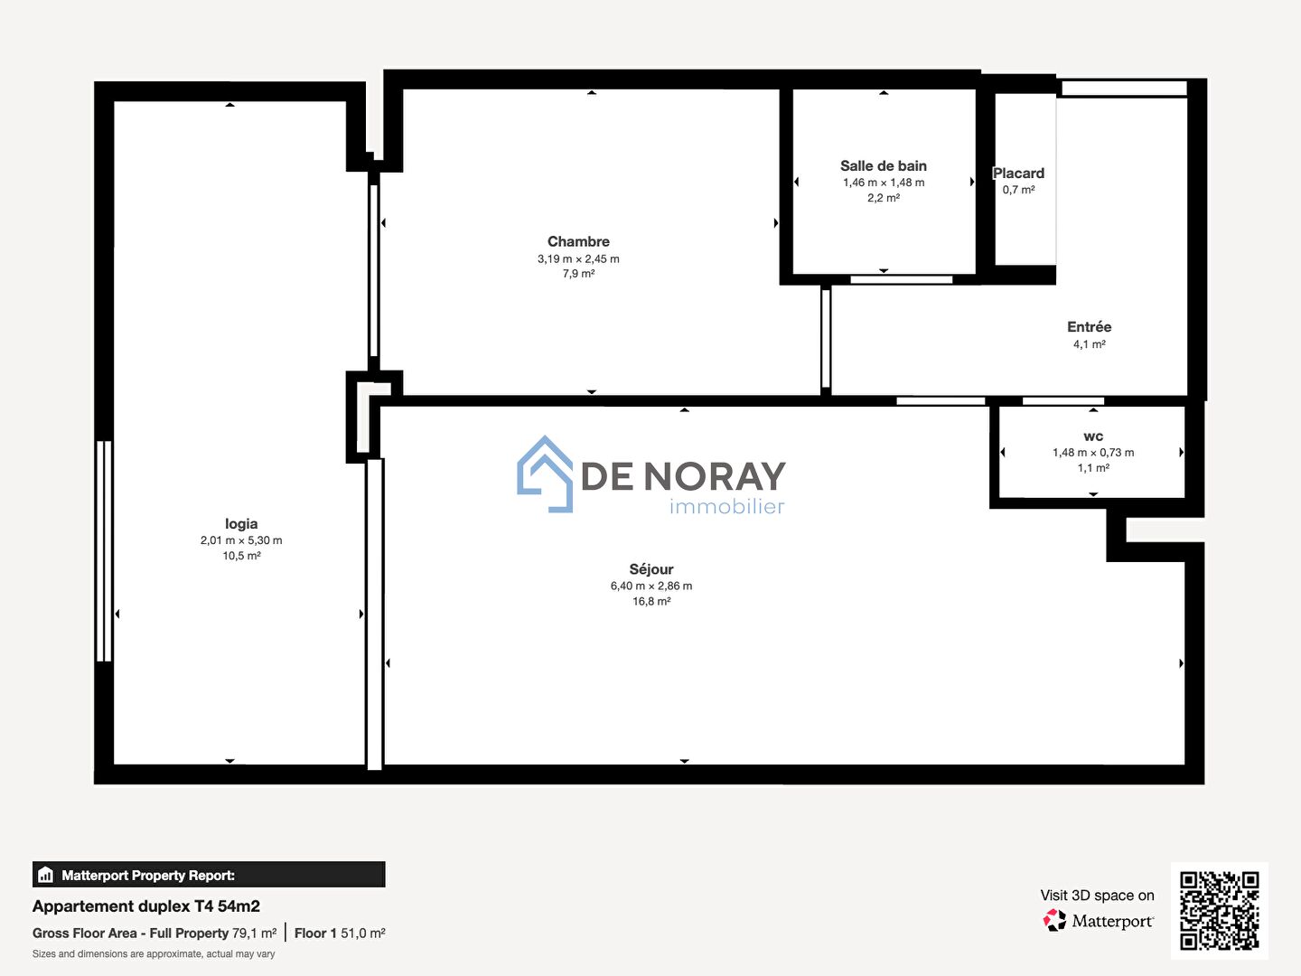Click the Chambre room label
coord(578,241)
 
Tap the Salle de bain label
coord(883,166)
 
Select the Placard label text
coord(1018,173)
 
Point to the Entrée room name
coord(1089,326)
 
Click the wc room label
coord(1093,436)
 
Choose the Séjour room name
coord(650,569)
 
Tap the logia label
coord(241,524)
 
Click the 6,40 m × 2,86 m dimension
coord(650,586)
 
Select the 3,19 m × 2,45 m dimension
coord(578,258)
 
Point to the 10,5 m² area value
coord(241,556)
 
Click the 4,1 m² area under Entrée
coord(1089,343)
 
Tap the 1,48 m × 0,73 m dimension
coord(1093,452)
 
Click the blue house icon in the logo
coord(545,474)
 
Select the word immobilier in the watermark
coord(726,506)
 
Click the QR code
coord(1219,911)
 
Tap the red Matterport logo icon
coord(1054,920)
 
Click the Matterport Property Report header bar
coord(209,874)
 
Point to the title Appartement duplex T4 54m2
coord(145,906)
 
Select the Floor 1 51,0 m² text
coord(340,933)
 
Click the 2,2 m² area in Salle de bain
coord(883,198)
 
